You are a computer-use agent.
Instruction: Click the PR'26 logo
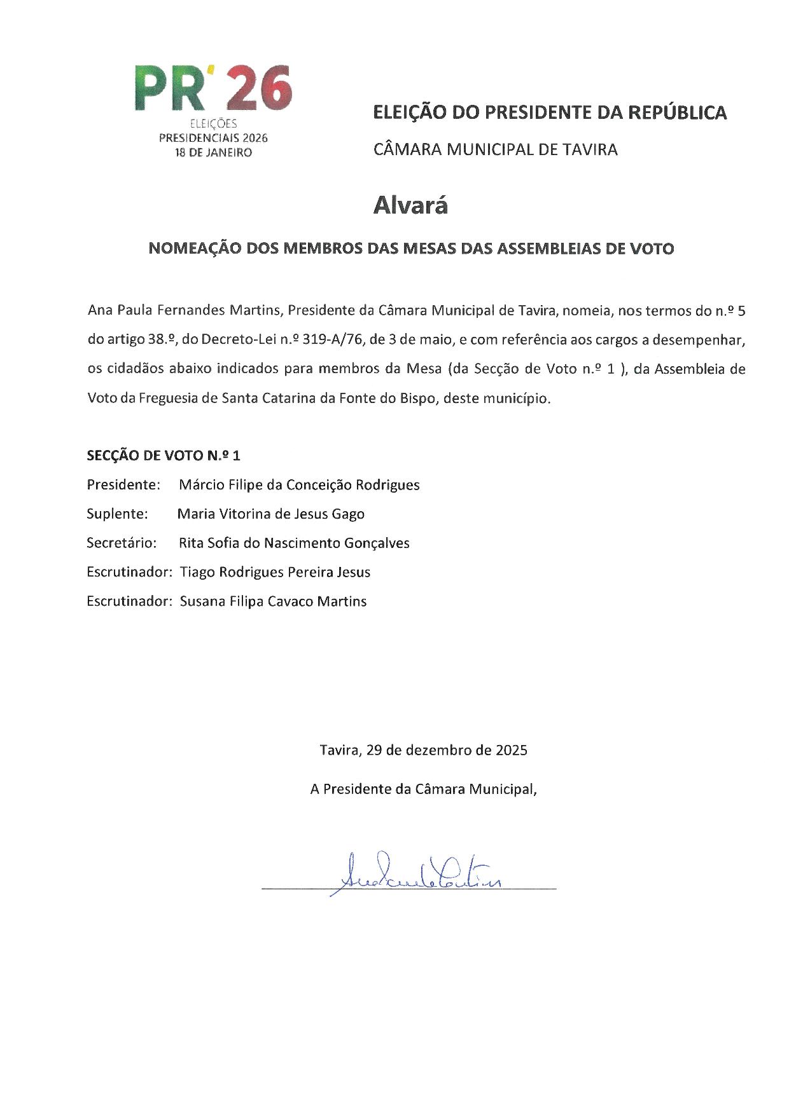coord(213,89)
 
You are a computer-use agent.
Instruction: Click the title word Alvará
coord(410,205)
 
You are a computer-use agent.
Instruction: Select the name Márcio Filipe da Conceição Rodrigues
coord(299,485)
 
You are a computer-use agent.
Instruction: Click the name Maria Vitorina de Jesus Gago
coord(270,514)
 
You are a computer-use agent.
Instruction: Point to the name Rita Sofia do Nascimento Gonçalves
coord(294,544)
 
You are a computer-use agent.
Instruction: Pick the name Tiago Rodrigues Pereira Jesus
coord(275,573)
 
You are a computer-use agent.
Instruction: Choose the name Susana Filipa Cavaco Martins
coord(273,602)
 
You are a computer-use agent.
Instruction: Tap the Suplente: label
coord(117,514)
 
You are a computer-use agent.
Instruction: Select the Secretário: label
coord(122,544)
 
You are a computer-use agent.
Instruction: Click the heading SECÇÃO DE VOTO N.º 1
coord(164,456)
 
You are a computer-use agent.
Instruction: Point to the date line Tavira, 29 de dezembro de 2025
coord(423,750)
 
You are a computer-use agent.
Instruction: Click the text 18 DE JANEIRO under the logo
coord(214,153)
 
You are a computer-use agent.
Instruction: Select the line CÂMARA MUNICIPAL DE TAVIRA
coord(495,150)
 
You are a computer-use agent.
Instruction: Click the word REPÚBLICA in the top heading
coord(677,113)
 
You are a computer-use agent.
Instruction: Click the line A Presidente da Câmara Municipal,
coord(423,790)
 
